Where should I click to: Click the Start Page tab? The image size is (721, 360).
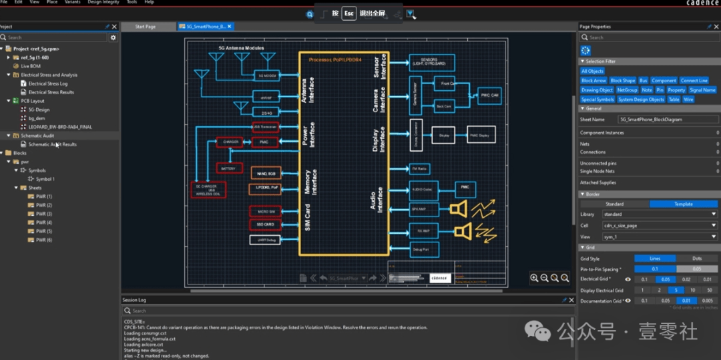[145, 27]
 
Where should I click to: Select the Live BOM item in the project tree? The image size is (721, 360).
[31, 66]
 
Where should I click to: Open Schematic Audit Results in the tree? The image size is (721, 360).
[52, 144]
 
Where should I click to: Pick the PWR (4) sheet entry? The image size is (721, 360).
[44, 222]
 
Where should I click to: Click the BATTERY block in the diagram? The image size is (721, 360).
[227, 168]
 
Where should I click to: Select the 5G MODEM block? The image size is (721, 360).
[267, 75]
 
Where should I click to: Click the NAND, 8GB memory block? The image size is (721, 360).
[265, 174]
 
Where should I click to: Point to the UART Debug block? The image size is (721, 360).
[265, 239]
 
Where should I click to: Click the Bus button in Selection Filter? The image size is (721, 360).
[644, 81]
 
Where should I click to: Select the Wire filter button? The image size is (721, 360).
[688, 100]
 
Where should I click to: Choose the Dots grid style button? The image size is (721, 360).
[696, 258]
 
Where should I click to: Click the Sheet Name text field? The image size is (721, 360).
[668, 120]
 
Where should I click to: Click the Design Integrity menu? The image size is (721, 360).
[103, 2]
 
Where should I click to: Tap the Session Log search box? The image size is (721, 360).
[347, 311]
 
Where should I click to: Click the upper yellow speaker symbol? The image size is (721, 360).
[458, 210]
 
